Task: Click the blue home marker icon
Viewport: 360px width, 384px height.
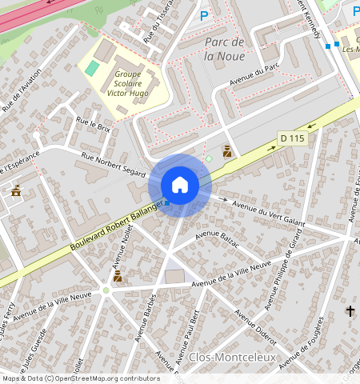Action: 180,185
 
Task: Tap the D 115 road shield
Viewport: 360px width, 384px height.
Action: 293,138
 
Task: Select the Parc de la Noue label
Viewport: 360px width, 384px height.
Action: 224,48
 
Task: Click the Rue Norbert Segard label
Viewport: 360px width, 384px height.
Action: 113,163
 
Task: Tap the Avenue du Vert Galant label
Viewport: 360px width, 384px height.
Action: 270,210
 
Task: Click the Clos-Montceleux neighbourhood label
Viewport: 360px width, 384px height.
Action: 232,357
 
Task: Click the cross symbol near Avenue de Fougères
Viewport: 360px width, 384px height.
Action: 350,310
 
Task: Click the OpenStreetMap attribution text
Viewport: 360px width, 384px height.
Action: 80,378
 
